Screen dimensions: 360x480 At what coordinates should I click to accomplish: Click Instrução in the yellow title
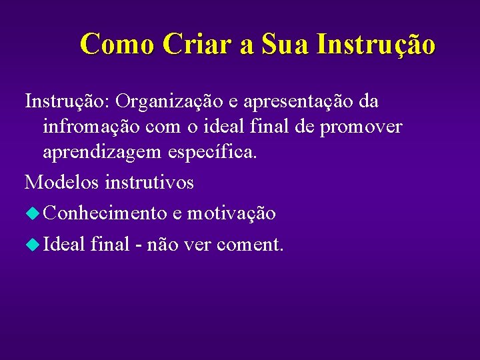pyautogui.click(x=377, y=45)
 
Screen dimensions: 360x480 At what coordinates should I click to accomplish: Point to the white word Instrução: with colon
pyautogui.click(x=67, y=101)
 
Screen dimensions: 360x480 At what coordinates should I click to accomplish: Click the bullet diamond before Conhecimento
pyautogui.click(x=33, y=213)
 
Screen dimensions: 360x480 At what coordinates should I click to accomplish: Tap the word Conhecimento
pyautogui.click(x=105, y=213)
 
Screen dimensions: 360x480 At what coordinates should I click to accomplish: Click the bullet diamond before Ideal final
pyautogui.click(x=33, y=245)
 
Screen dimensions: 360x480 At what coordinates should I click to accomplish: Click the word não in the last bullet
pyautogui.click(x=162, y=245)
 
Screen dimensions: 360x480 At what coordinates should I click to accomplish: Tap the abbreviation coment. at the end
pyautogui.click(x=250, y=245)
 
